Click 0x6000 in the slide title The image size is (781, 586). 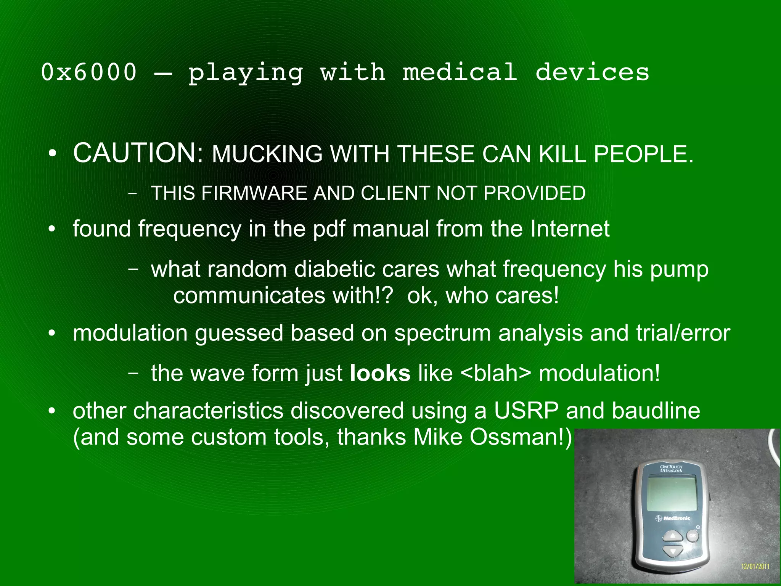[x=88, y=72]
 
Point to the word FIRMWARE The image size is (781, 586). [x=254, y=193]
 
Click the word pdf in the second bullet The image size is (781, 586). [x=329, y=229]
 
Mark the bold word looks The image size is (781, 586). [x=380, y=373]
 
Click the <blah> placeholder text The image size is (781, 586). [x=495, y=373]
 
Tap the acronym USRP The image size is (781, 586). [x=526, y=411]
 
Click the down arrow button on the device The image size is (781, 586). [x=673, y=551]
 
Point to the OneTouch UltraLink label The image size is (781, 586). [x=671, y=469]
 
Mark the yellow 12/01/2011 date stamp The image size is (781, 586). [x=755, y=567]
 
